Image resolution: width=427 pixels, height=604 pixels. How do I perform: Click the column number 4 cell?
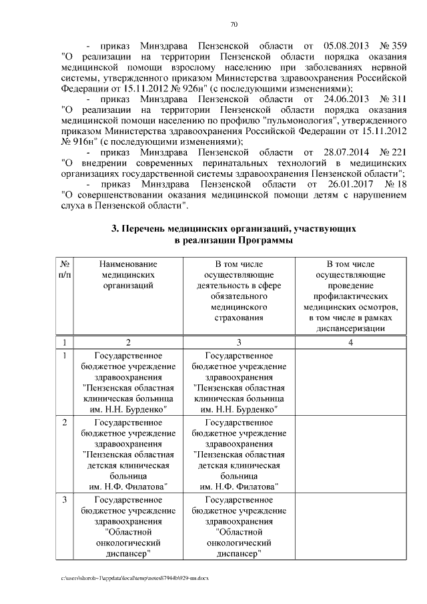click(350, 343)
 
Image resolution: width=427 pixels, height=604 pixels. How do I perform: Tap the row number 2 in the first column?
click(64, 422)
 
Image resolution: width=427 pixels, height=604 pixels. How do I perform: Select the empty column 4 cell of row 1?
click(350, 382)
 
